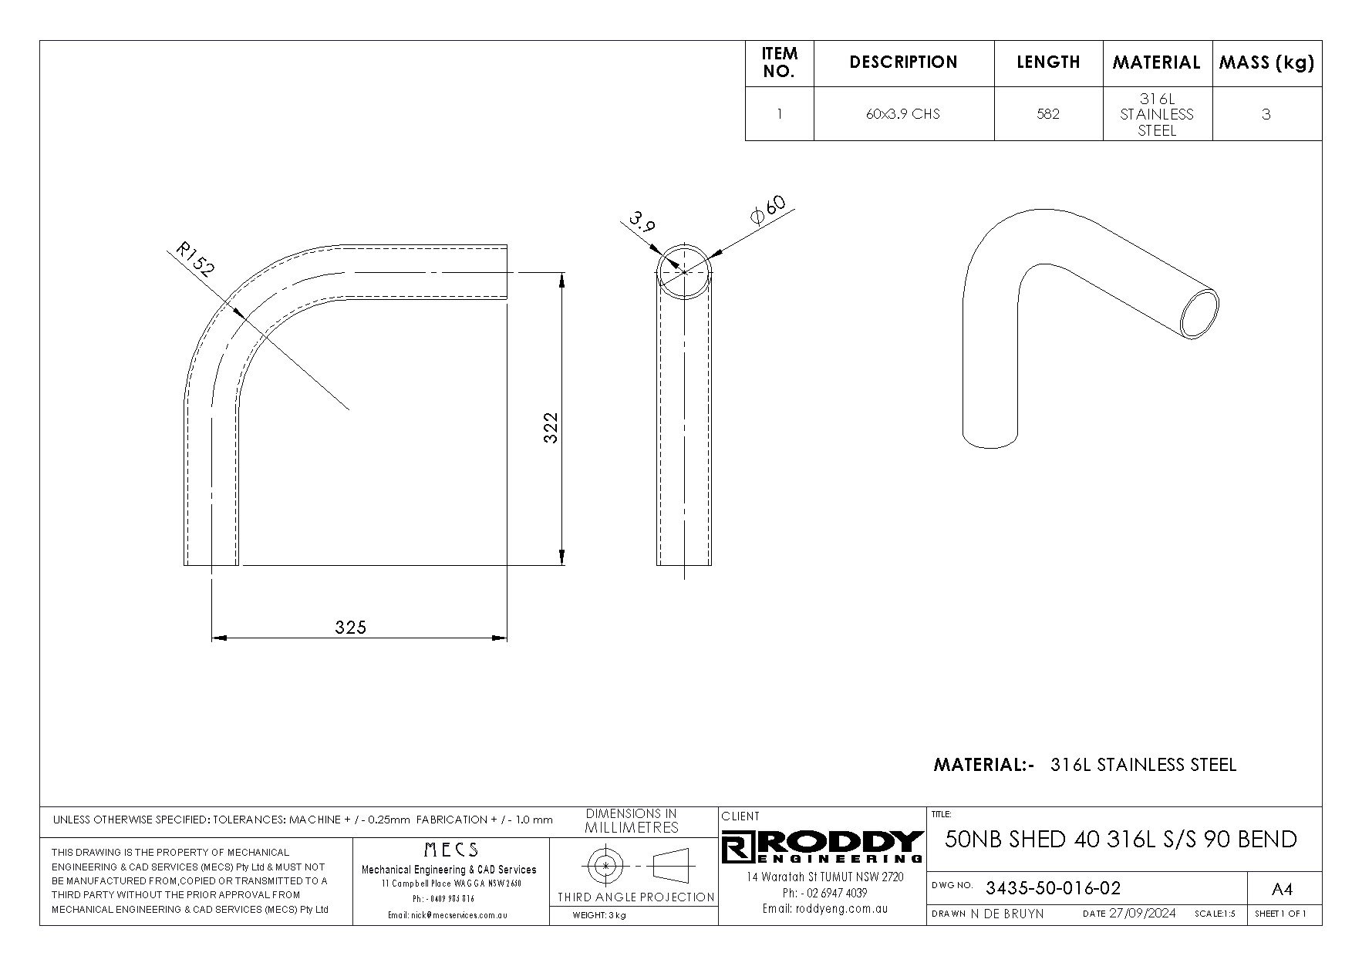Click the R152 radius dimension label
(x=195, y=259)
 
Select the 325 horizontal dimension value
(x=351, y=627)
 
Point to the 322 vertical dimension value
(x=550, y=428)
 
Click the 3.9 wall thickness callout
(x=642, y=222)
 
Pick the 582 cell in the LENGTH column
(x=1048, y=114)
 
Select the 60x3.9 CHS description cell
(x=903, y=114)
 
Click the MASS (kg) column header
(x=1266, y=62)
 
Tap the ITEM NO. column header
(x=779, y=62)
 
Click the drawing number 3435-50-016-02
(x=1053, y=888)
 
